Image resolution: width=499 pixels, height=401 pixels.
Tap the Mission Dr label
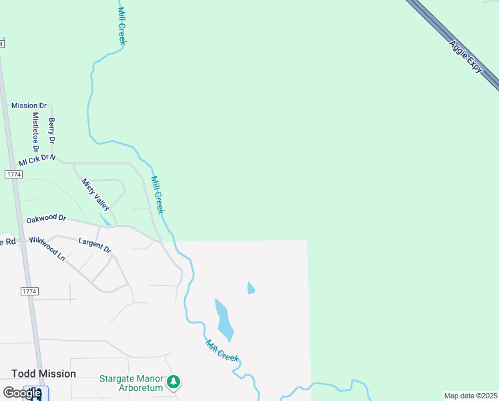tap(29, 106)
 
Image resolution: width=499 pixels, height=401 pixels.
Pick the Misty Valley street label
tap(95, 194)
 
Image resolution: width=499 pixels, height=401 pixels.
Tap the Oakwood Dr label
tap(46, 218)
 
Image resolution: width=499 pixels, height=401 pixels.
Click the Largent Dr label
tap(95, 245)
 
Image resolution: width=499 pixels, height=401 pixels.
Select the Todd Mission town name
tap(43, 374)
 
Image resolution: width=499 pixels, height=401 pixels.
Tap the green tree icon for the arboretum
tap(174, 382)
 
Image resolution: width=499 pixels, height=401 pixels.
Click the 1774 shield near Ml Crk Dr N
tap(13, 174)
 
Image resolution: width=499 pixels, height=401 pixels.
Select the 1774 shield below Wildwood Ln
tap(29, 291)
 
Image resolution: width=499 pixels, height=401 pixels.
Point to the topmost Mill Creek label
tap(121, 27)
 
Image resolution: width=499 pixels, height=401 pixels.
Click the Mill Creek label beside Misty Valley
tap(157, 194)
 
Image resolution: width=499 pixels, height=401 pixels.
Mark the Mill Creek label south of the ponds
tap(222, 351)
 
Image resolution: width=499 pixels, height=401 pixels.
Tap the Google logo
tap(22, 393)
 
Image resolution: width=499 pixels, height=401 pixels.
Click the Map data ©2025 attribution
tap(470, 396)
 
